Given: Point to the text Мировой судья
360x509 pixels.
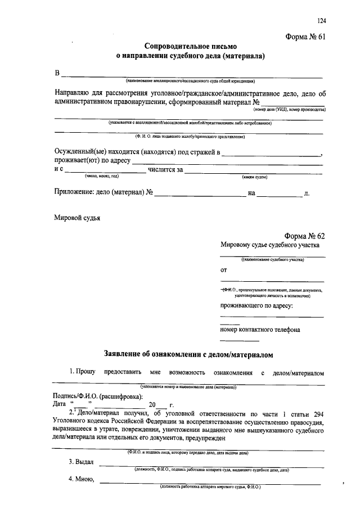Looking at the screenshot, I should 77,218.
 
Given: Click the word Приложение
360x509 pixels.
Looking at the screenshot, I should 77,193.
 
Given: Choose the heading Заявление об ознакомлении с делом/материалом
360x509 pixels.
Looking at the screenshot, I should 188,354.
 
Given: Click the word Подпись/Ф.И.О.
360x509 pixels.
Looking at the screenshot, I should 77,395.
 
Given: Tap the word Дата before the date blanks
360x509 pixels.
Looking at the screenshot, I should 61,404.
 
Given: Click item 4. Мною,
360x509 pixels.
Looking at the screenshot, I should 81,479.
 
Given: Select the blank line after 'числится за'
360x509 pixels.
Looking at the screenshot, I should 253,169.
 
